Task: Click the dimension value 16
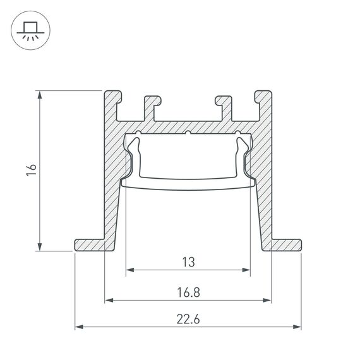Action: click(x=32, y=170)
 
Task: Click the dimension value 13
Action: click(x=188, y=260)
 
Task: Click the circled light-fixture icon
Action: click(x=29, y=30)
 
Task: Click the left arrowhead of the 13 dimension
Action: click(x=129, y=270)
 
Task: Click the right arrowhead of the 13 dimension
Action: click(x=247, y=270)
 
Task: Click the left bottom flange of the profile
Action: click(x=89, y=244)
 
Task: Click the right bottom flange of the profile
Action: click(x=287, y=244)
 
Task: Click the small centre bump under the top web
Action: click(x=188, y=133)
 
